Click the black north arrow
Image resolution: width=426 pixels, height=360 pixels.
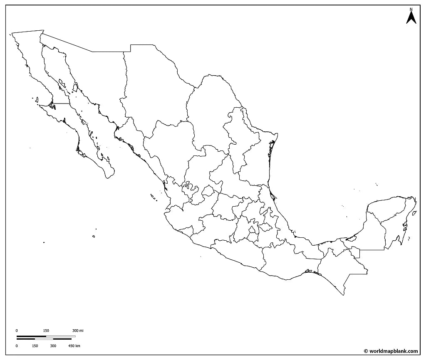pos(411,18)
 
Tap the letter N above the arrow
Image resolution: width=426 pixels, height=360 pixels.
pos(411,9)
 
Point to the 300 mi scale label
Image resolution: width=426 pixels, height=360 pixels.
pos(78,330)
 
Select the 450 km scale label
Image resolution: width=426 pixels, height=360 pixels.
pos(74,346)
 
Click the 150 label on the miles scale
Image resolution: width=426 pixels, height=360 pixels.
pos(46,330)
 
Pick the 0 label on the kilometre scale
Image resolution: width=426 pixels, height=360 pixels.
pos(17,346)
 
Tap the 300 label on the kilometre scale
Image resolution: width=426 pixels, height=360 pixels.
pos(53,346)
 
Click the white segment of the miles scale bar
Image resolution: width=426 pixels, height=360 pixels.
pos(61,336)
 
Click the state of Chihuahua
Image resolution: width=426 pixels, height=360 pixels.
pos(154,91)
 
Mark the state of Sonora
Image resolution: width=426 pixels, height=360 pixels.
pos(83,75)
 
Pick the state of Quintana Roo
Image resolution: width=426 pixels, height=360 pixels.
pos(395,229)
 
